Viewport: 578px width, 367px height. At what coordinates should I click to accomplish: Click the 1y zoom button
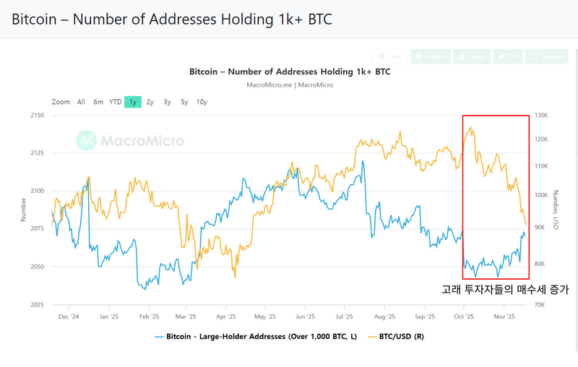point(132,102)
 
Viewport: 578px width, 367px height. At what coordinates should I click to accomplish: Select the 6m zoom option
point(98,102)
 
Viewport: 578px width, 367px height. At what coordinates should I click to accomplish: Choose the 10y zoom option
point(202,102)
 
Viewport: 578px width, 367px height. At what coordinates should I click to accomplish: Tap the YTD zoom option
point(115,102)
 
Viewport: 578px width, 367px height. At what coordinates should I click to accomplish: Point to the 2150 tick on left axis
point(38,116)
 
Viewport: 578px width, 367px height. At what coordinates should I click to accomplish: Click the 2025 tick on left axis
point(38,304)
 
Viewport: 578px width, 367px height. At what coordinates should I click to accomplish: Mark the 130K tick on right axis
point(540,116)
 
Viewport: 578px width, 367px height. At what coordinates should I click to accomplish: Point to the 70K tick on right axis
point(539,304)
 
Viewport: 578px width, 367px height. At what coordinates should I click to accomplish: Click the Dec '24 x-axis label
point(69,316)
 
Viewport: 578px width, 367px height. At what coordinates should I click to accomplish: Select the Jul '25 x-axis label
point(345,316)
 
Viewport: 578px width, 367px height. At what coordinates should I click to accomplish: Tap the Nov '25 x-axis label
point(504,316)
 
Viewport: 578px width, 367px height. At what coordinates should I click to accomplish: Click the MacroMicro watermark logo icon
point(87,139)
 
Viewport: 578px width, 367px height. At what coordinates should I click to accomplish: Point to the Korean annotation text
point(505,289)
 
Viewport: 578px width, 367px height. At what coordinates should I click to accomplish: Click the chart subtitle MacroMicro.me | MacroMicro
point(289,85)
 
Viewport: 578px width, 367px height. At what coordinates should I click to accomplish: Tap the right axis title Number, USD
point(556,210)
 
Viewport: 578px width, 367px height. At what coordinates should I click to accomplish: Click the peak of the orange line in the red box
point(472,128)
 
